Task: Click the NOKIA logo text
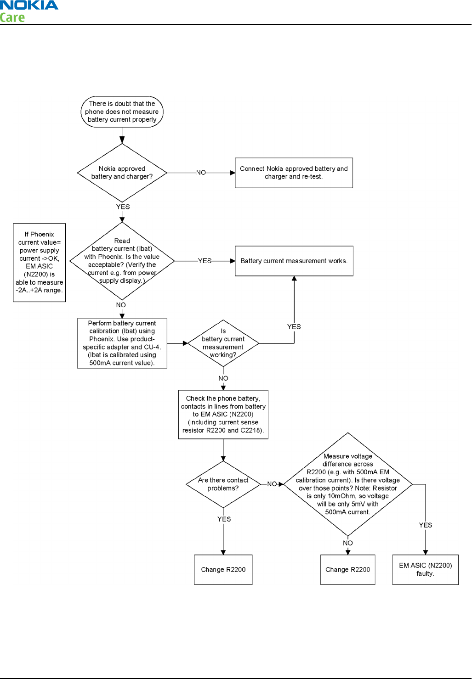[29, 5]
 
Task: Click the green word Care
[12, 17]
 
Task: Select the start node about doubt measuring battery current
[122, 112]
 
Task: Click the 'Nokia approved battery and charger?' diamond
[122, 173]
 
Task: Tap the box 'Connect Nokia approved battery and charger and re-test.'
[294, 173]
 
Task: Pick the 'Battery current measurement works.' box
[294, 261]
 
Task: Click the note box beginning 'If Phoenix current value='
[40, 263]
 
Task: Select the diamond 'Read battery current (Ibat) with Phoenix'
[122, 261]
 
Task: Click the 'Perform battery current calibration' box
[122, 343]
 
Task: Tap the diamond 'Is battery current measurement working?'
[223, 343]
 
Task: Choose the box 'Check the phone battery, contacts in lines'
[223, 415]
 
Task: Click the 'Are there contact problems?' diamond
[223, 484]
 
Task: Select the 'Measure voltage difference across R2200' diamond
[348, 484]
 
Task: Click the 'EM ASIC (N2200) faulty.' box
[425, 570]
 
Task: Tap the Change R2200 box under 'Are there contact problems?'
[223, 570]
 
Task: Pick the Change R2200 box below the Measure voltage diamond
[348, 570]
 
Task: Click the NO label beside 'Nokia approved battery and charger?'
[201, 173]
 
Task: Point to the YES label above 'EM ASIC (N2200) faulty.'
[425, 525]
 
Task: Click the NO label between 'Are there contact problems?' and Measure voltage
[272, 484]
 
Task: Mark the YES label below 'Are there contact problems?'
[224, 519]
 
